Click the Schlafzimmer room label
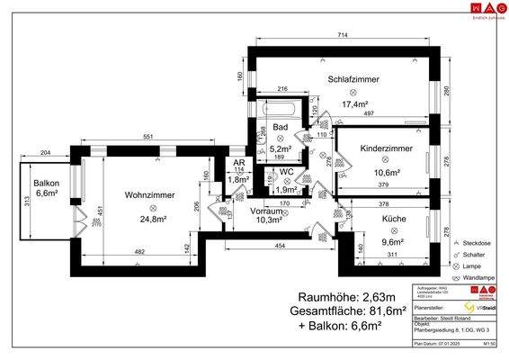coord(353,79)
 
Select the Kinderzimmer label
coord(385,148)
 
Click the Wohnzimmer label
coord(149,194)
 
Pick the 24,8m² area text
coord(148,218)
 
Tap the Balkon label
coord(47,183)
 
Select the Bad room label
coord(281,128)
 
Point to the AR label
coord(239,163)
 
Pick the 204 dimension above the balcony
coord(45,154)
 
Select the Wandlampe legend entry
coord(480,278)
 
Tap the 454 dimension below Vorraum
coord(281,246)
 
